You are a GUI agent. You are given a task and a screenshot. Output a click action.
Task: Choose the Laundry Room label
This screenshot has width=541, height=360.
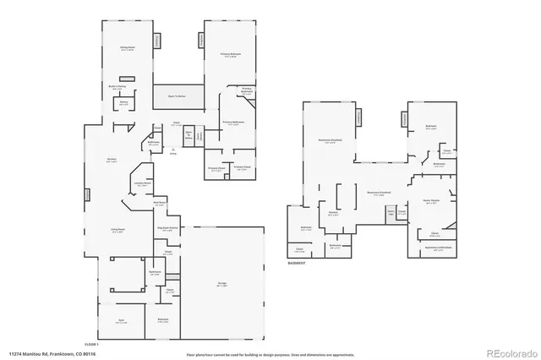click(x=141, y=183)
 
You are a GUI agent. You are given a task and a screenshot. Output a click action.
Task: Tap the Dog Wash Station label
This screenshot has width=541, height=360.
click(x=167, y=228)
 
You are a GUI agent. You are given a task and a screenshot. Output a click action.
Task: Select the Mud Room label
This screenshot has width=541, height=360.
click(x=159, y=202)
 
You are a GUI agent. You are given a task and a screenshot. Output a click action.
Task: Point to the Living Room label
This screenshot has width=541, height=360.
click(x=118, y=230)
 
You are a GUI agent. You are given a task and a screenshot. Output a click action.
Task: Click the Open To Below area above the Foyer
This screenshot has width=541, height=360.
click(x=177, y=96)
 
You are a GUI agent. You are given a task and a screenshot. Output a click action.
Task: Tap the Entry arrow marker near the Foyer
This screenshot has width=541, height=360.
click(x=174, y=151)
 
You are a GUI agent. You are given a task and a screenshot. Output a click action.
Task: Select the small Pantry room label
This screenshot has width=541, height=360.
click(x=124, y=104)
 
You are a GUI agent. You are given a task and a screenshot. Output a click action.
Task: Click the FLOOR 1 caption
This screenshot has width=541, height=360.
click(x=91, y=344)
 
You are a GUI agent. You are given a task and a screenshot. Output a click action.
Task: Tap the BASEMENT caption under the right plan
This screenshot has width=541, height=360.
click(x=297, y=262)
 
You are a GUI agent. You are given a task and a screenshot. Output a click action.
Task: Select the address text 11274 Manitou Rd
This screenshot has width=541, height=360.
click(x=51, y=352)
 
